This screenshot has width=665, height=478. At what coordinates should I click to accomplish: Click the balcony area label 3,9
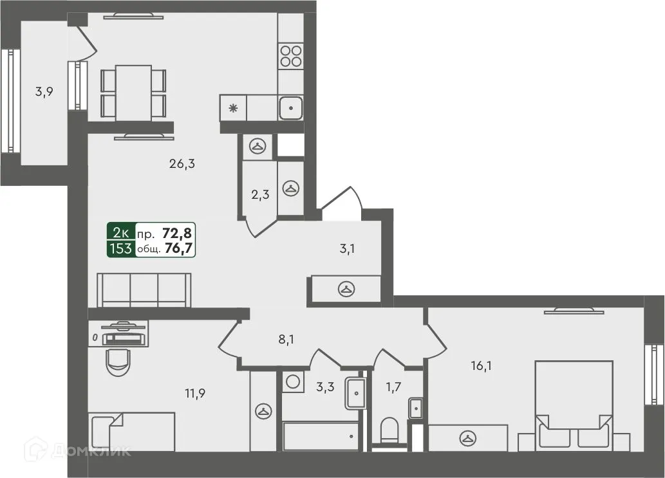44,91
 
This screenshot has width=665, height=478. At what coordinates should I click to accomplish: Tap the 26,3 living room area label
182,164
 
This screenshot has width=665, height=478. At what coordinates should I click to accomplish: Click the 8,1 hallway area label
286,339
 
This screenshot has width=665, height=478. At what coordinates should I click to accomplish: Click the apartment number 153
120,249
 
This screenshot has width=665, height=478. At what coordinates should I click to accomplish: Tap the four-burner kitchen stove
291,55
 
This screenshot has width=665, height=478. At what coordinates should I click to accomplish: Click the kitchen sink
291,107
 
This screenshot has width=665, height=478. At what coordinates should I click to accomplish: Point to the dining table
133,92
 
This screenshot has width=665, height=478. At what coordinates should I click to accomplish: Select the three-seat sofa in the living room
144,290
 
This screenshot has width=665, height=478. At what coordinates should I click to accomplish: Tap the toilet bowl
391,430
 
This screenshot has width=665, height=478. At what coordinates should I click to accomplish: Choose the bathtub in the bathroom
320,437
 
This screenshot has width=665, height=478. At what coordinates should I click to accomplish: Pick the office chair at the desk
118,362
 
